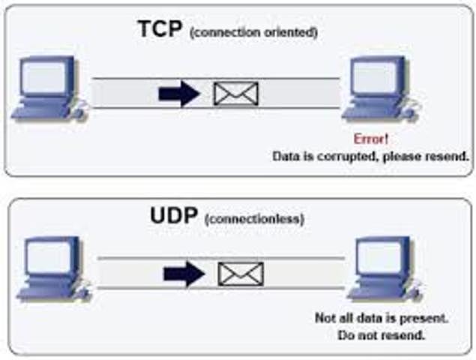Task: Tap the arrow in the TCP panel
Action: coord(179,93)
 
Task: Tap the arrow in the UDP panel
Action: coord(184,274)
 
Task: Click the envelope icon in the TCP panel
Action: coord(235,94)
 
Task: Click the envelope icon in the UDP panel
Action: coord(241,274)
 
